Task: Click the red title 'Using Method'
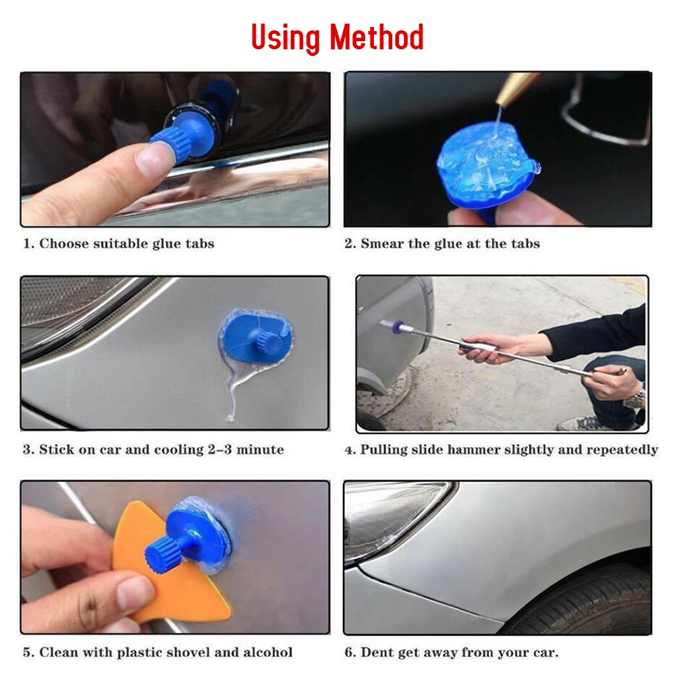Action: tap(337, 37)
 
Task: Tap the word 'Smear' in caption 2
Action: tap(382, 244)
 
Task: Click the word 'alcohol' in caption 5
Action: tap(268, 652)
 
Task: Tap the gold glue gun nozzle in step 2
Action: tap(515, 88)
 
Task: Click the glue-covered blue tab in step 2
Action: tap(487, 166)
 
